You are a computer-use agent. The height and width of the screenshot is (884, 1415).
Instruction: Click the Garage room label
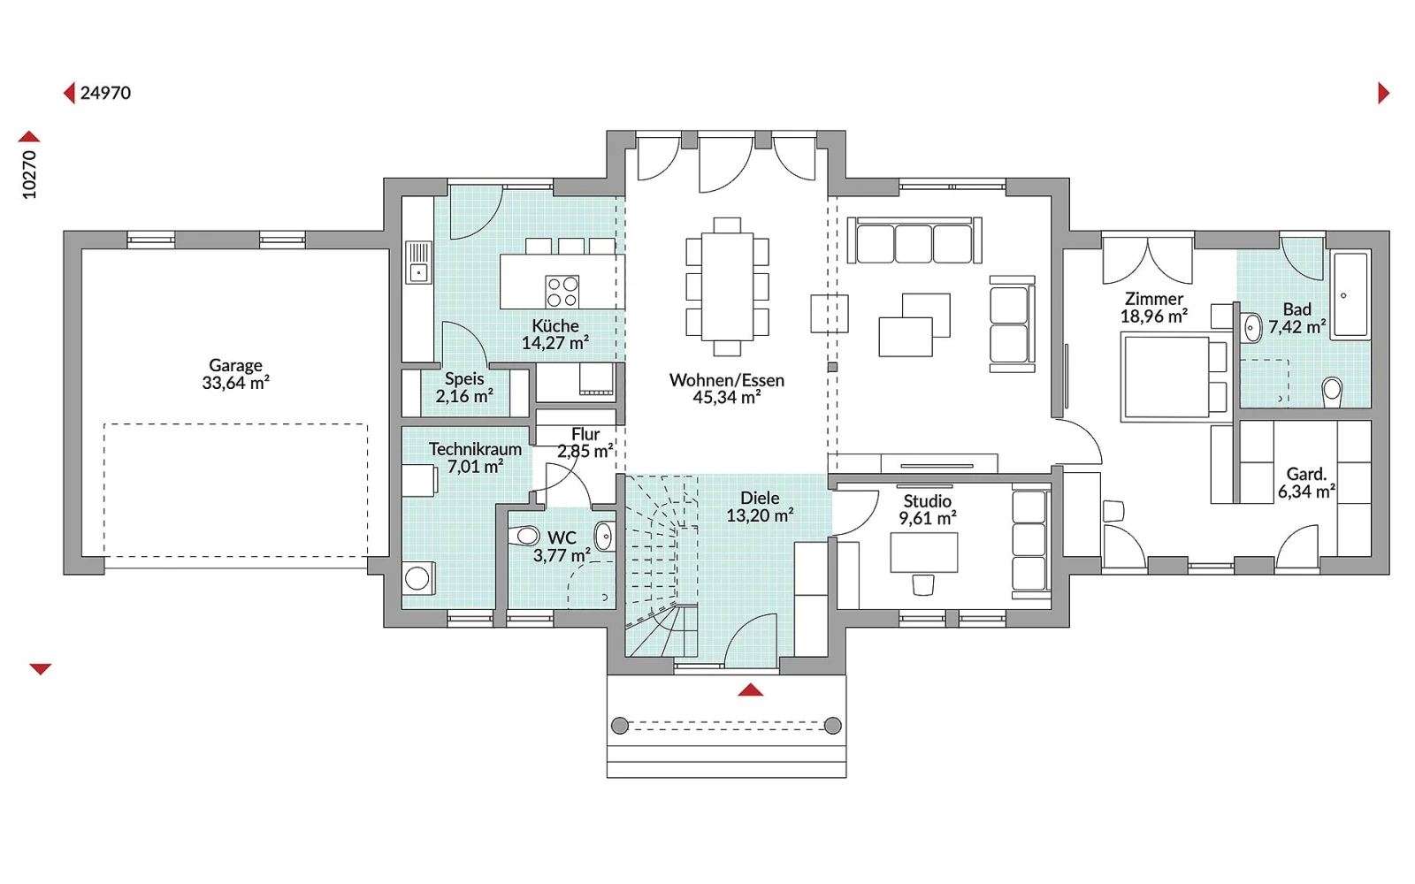[x=235, y=365]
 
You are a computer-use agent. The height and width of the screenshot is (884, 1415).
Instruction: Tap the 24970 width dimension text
[x=105, y=93]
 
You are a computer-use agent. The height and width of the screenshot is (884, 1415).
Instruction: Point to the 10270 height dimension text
[x=29, y=175]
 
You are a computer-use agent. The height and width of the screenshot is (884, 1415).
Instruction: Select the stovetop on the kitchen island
[x=562, y=292]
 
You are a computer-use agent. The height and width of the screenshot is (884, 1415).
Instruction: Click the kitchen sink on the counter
[x=418, y=262]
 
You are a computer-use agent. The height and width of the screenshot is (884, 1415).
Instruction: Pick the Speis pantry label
[x=464, y=379]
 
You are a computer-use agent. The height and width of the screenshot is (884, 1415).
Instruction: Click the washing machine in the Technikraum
[x=418, y=578]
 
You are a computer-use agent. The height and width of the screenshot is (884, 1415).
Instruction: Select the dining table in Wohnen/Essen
[x=727, y=286]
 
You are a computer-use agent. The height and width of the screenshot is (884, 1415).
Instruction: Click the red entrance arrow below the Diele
[x=751, y=690]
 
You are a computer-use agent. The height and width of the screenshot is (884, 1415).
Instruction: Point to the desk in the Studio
[x=923, y=552]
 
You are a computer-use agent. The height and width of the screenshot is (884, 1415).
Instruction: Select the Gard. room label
[x=1306, y=474]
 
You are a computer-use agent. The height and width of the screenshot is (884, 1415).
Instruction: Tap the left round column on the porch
[x=620, y=726]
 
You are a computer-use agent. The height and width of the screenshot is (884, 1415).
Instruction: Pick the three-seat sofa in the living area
[x=914, y=240]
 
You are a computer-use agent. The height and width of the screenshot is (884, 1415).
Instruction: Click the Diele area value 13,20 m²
[x=760, y=515]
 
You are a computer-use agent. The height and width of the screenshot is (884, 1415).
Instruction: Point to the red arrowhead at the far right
[x=1383, y=93]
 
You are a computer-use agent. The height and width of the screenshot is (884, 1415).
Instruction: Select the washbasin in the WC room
[x=604, y=537]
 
